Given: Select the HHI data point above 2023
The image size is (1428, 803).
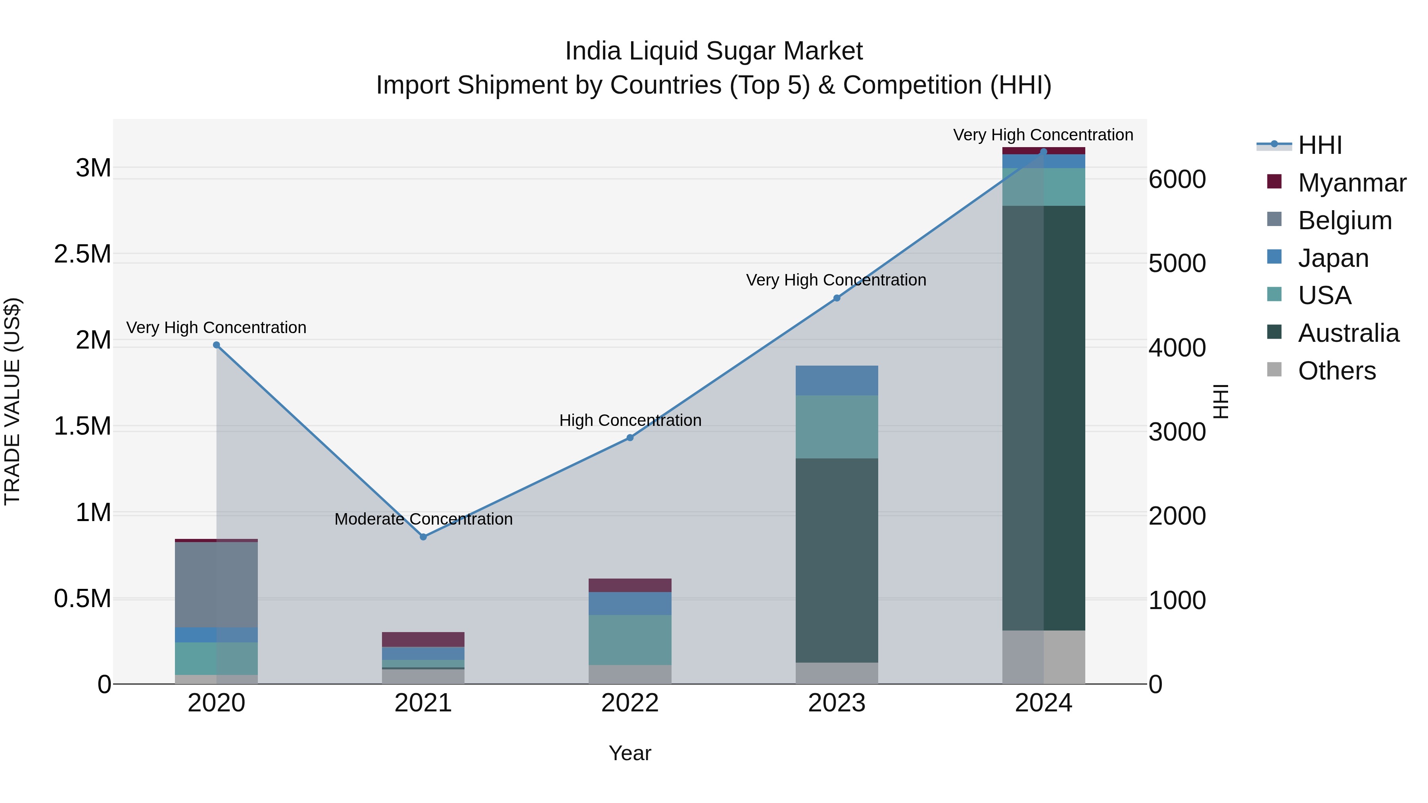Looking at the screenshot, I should (x=837, y=298).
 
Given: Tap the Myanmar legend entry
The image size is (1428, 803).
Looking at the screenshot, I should (x=1351, y=183).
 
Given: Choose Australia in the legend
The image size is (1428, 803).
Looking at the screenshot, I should (x=1348, y=333).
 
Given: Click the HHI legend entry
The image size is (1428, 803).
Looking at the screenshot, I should (x=1319, y=145).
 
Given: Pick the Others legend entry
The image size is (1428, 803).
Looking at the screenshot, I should (x=1336, y=371).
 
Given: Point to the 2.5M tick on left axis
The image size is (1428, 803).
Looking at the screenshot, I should (x=83, y=254).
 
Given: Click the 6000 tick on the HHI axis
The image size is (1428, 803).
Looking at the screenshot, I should (x=1177, y=180).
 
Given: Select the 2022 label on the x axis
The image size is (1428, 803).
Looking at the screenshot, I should (x=630, y=703).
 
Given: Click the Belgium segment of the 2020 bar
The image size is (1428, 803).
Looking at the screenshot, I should (x=216, y=585).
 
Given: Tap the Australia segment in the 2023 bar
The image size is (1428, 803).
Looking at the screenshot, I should (x=837, y=560).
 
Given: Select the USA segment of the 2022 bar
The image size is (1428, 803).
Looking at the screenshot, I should (x=630, y=640).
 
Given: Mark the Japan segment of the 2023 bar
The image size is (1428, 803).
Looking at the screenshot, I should (x=837, y=380).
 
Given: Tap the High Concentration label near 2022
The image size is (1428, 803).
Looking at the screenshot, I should (x=630, y=421).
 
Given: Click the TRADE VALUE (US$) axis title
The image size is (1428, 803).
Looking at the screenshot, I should (x=12, y=401).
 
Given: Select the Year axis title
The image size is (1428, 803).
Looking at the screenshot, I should (x=630, y=753).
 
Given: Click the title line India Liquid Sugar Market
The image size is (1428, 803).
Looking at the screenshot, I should (x=714, y=52).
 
